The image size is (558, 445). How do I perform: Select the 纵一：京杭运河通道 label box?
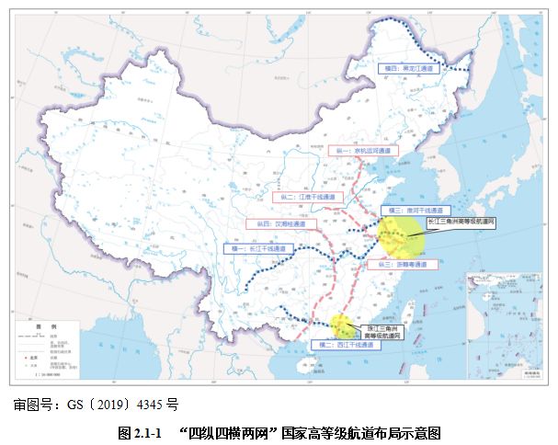359,150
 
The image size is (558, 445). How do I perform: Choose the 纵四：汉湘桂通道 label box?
280,223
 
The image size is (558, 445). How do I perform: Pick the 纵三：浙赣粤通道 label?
397,264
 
